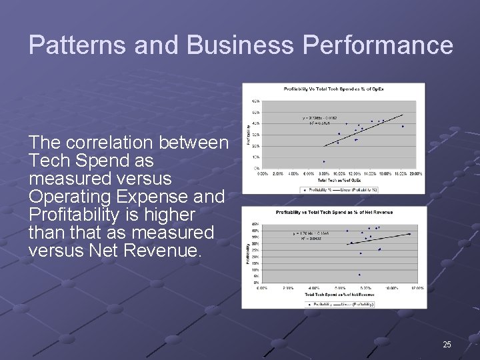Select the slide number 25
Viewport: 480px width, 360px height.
447,345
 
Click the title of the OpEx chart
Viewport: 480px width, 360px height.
334,89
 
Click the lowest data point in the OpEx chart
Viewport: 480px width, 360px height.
324,161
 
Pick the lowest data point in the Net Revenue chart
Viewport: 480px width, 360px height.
359,275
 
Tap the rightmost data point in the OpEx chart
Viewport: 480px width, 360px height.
403,126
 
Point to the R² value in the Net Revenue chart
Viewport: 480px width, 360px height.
304,238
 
